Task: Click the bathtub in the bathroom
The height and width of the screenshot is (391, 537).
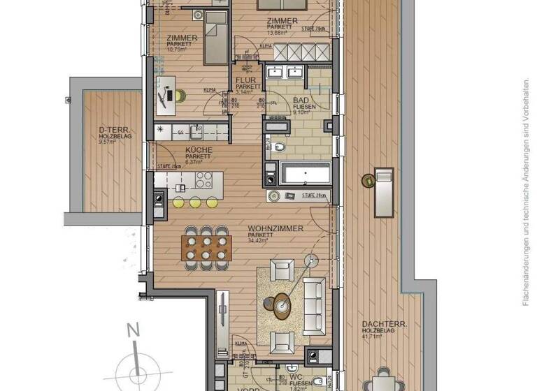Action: click(x=305, y=172)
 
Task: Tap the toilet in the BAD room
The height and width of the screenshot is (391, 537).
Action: click(x=278, y=148)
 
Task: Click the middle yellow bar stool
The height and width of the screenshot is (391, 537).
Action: click(x=195, y=202)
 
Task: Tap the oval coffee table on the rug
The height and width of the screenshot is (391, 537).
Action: click(x=281, y=304)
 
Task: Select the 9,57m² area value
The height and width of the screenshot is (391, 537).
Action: click(x=108, y=142)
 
